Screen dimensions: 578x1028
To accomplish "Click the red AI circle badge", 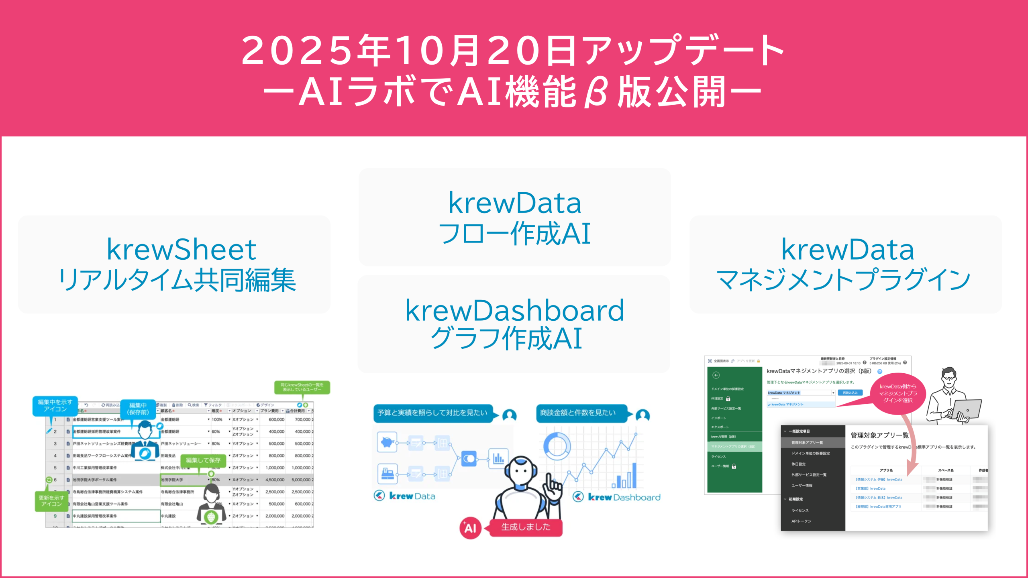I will pos(470,528).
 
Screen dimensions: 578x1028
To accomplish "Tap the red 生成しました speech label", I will pos(526,527).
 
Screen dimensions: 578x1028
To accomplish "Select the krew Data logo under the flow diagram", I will pos(404,496).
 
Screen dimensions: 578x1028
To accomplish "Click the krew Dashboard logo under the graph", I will pos(617,497).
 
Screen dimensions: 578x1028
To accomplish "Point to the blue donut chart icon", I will pos(557,446).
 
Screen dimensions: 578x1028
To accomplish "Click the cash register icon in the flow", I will pos(387,474).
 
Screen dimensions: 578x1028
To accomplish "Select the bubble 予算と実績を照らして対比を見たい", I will pos(432,413).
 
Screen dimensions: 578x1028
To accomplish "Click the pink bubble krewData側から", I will pos(898,393).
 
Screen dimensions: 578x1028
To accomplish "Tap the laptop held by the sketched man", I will pos(966,409).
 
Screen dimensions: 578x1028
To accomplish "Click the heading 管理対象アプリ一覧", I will pos(879,436).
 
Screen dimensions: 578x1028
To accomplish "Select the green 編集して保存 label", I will pos(203,460).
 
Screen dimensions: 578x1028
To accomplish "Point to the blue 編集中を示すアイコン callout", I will pos(55,405).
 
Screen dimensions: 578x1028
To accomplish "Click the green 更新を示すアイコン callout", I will pos(51,501).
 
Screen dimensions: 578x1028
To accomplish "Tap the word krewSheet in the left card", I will pos(181,250).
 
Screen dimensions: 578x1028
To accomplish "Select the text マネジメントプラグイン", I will pos(844,280).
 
